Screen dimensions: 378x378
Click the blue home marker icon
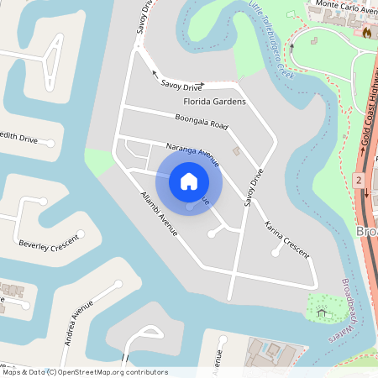(x=189, y=181)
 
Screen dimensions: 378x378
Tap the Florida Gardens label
(x=214, y=102)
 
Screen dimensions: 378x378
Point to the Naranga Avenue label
(x=192, y=154)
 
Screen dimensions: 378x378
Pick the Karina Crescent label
(x=286, y=239)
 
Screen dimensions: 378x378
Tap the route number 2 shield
(x=359, y=181)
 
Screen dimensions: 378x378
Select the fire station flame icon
(x=366, y=32)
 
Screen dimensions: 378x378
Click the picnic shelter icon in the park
(x=322, y=313)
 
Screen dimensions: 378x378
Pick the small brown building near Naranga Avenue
(x=236, y=152)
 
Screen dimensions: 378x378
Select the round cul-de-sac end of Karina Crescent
(x=276, y=253)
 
